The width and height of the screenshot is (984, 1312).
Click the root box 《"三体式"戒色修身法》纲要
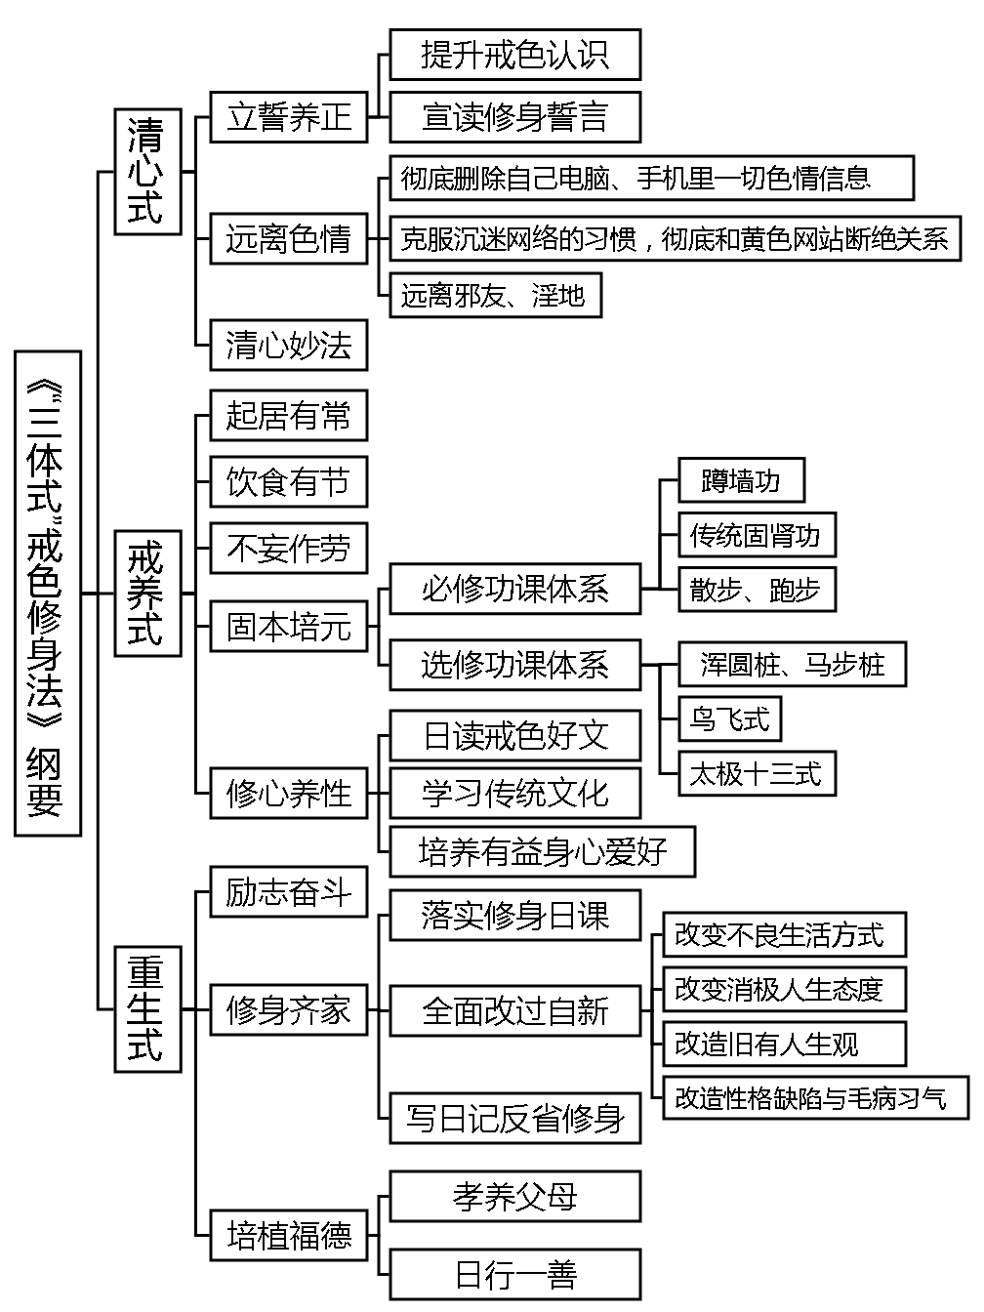[x=47, y=594]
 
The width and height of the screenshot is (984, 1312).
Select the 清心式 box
[x=147, y=172]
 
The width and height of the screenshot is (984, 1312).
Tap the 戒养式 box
[x=147, y=594]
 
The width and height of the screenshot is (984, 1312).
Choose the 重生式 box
[x=147, y=1008]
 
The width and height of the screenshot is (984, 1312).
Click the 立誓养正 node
[x=289, y=117]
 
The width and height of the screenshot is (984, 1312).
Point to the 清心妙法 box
[x=289, y=345]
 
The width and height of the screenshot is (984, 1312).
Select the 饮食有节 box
[x=289, y=482]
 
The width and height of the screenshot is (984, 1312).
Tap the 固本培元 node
[x=289, y=627]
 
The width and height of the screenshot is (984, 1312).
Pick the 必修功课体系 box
[x=515, y=589]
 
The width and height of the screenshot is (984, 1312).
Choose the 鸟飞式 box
[x=730, y=720]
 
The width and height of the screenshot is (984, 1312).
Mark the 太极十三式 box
[x=757, y=775]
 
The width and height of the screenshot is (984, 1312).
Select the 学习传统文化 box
[x=515, y=793]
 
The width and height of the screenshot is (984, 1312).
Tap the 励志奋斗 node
[x=289, y=891]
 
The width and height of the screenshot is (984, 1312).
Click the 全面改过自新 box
[x=515, y=1010]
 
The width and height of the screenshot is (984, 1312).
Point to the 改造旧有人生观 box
[x=784, y=1045]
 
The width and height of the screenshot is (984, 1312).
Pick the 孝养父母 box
[x=515, y=1197]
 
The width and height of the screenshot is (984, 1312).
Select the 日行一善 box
[x=515, y=1274]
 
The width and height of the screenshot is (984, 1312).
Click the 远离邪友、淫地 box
[x=494, y=296]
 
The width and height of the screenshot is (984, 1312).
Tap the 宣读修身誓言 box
[x=515, y=117]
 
